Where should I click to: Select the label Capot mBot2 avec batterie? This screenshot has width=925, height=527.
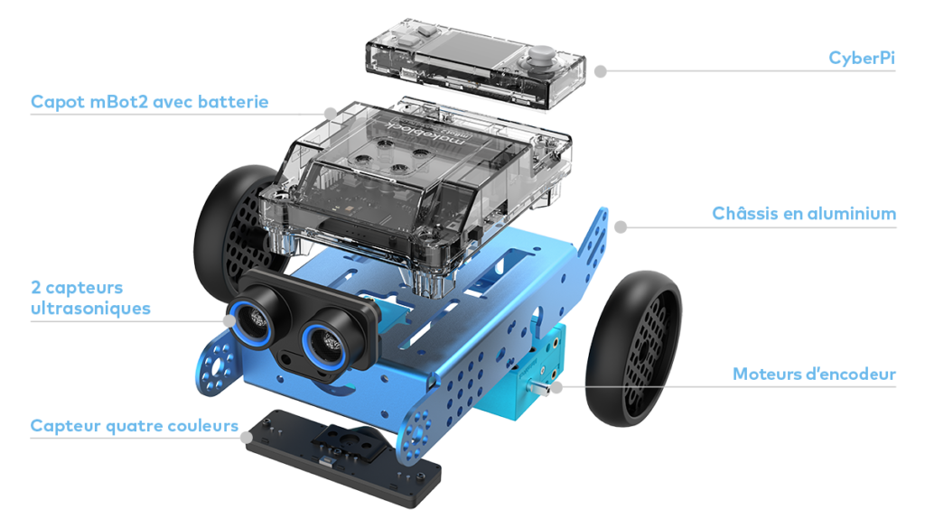click(149, 102)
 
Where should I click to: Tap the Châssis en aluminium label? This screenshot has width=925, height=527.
click(804, 215)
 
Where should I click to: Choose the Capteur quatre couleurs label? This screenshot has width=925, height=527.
click(134, 425)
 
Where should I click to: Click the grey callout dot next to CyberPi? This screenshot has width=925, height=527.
click(599, 69)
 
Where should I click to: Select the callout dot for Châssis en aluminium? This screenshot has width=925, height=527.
click(620, 227)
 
